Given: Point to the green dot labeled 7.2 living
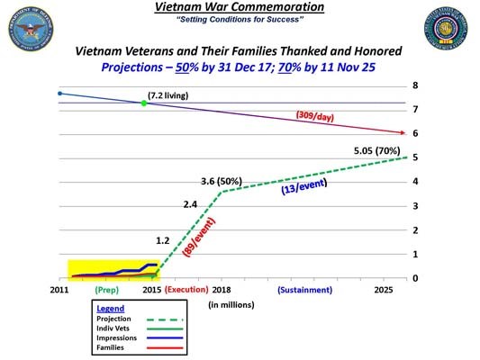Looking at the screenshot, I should pos(143,103).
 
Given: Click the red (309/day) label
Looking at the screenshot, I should pos(319,115).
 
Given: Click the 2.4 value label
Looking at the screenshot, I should pos(190,204).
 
